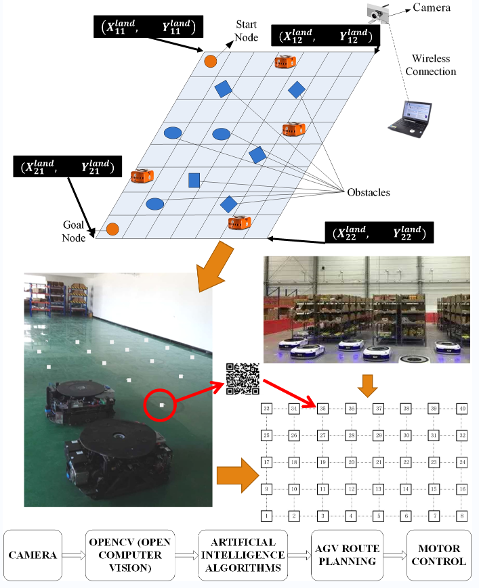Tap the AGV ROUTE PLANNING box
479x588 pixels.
(343, 555)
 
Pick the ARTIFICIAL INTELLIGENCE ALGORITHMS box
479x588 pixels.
(243, 555)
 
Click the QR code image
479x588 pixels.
(243, 378)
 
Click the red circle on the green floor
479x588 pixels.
(161, 405)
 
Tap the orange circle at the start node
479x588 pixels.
(210, 61)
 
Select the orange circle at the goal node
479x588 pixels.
(112, 229)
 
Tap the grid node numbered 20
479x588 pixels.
(351, 462)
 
